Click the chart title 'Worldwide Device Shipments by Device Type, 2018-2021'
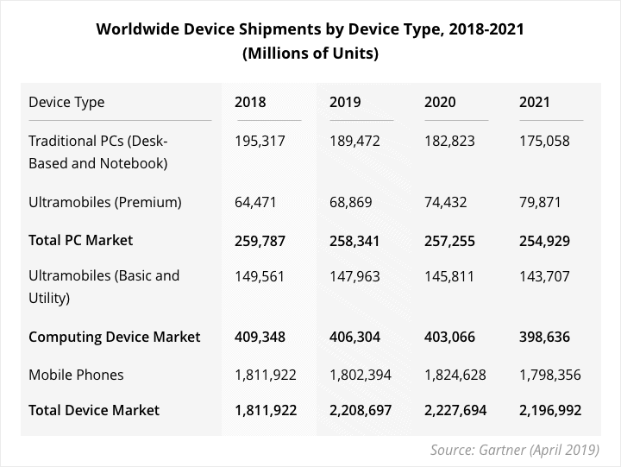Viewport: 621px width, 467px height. [x=310, y=29]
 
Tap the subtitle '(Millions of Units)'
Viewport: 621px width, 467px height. [x=310, y=54]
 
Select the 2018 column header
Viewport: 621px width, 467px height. [x=250, y=102]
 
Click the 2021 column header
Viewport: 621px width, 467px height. [x=535, y=102]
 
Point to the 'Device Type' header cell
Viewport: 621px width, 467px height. [x=66, y=102]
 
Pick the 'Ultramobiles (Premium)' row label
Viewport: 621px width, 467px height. [x=105, y=202]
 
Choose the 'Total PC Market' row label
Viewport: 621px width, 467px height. [x=81, y=239]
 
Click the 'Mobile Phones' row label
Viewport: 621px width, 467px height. [x=76, y=374]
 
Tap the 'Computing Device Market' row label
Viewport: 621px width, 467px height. [x=115, y=336]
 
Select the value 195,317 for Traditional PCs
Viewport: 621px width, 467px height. [x=260, y=141]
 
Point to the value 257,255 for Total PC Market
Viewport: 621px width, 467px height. [x=449, y=239]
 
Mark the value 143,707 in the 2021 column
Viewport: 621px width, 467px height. [x=544, y=276]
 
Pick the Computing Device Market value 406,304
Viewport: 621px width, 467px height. [x=354, y=336]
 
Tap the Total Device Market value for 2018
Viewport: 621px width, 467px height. [x=265, y=410]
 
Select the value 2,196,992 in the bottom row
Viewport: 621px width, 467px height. [x=549, y=410]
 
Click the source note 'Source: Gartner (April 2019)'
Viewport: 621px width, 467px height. [x=514, y=450]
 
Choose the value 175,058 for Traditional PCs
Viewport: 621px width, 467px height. [x=544, y=141]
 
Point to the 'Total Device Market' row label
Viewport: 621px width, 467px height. [x=94, y=410]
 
